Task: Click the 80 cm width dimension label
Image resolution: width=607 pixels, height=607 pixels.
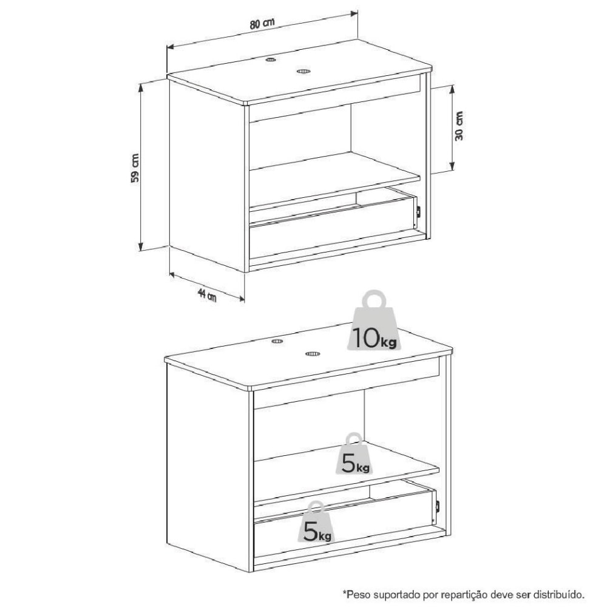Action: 262,24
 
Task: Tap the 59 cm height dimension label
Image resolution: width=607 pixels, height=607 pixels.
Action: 135,168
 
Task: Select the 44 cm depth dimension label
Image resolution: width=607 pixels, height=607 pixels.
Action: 207,295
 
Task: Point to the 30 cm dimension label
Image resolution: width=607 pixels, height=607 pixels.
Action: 459,126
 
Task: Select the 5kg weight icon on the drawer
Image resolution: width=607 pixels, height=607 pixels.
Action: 316,522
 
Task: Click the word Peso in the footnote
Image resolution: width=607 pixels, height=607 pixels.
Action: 356,594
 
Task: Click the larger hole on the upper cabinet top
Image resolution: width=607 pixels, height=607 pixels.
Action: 303,71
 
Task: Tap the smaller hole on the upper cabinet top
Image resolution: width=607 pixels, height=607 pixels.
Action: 271,59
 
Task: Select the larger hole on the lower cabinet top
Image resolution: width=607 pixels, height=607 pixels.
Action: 313,354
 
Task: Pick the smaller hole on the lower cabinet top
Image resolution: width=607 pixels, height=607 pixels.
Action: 277,341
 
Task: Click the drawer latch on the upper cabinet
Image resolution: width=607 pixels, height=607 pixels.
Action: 418,212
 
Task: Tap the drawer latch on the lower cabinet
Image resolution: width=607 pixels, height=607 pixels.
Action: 438,506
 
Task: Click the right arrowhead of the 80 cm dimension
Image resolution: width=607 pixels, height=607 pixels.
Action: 354,14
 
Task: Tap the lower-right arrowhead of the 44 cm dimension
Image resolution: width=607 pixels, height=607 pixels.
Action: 241,298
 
